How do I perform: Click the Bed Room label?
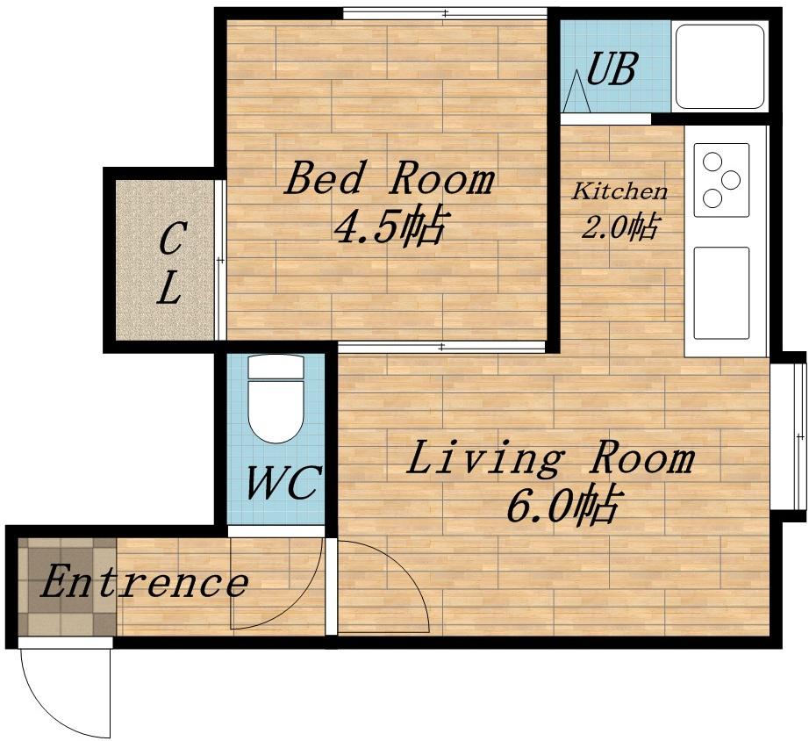(389, 179)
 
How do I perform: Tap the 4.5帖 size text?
(389, 227)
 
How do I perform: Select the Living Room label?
(550, 457)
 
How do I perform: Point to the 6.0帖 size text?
(562, 505)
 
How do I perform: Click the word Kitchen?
(619, 191)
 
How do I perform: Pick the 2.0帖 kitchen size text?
(619, 227)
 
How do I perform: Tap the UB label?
(611, 68)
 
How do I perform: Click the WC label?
(283, 483)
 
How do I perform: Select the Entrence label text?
(144, 582)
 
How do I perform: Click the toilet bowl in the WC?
(276, 411)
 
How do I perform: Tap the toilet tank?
(276, 367)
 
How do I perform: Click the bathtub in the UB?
(720, 66)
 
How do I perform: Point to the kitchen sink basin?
(721, 292)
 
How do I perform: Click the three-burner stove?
(721, 180)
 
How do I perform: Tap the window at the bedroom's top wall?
(445, 14)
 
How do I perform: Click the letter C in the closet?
(170, 238)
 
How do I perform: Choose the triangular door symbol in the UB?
(576, 91)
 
